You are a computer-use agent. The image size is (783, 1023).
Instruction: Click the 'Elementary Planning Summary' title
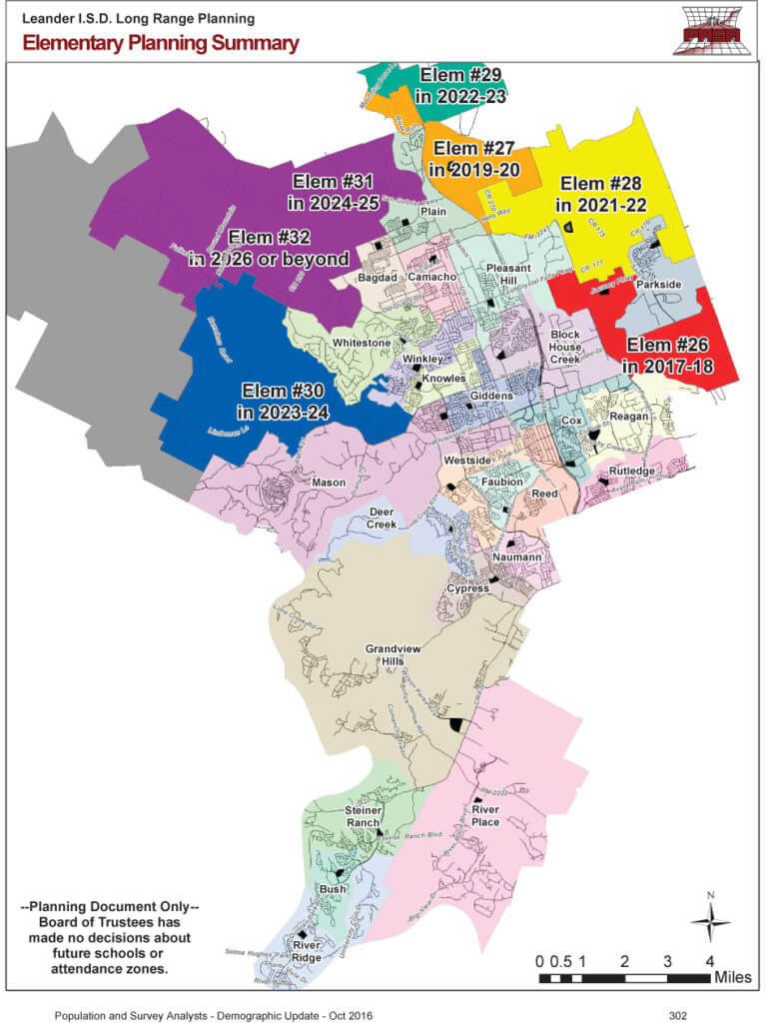tap(160, 43)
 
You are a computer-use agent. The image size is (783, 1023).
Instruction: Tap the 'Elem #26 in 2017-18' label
tap(669, 356)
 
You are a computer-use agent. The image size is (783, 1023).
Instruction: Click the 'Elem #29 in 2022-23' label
tap(462, 85)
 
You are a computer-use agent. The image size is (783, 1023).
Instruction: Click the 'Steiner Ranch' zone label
tap(363, 816)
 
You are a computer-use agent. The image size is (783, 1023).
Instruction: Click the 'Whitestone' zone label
tap(362, 343)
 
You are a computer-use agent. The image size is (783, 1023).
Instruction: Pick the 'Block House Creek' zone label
tap(565, 347)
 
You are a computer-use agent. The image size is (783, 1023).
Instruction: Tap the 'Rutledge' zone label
tap(631, 471)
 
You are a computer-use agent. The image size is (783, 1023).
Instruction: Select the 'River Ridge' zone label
tap(307, 949)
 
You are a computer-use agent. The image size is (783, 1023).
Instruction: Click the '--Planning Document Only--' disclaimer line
tap(110, 906)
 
